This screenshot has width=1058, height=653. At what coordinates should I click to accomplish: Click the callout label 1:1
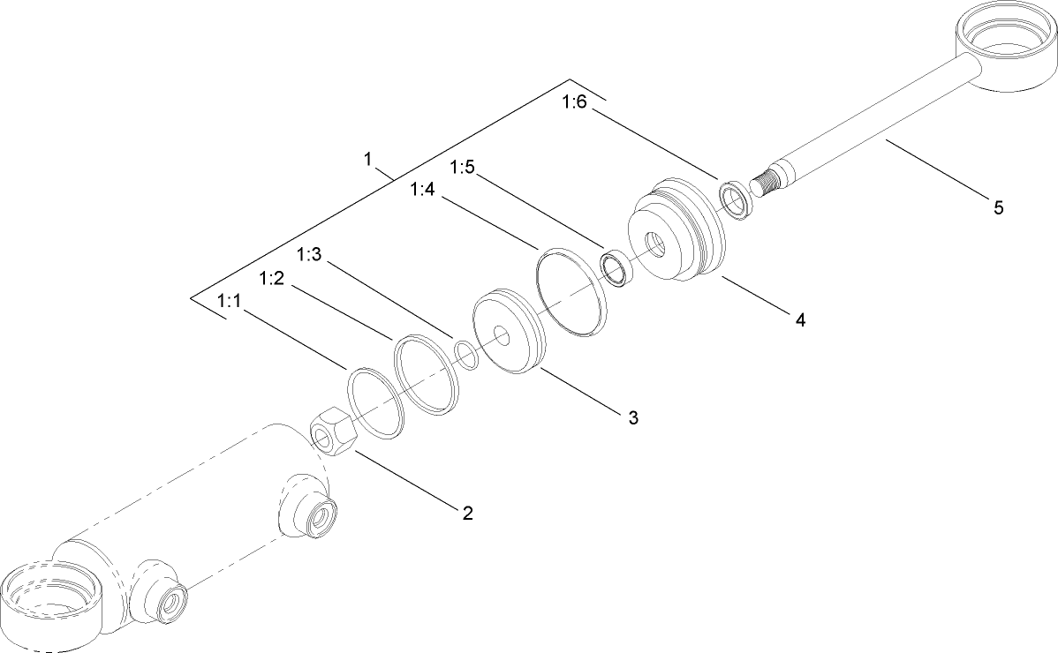(x=229, y=302)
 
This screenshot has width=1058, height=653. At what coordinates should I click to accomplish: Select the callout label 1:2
(x=271, y=278)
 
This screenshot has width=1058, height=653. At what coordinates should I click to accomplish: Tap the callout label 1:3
(x=310, y=254)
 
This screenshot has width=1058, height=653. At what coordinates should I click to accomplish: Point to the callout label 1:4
(x=422, y=190)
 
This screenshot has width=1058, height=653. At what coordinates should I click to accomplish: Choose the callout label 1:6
(x=574, y=102)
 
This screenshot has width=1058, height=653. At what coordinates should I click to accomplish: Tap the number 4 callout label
(x=800, y=320)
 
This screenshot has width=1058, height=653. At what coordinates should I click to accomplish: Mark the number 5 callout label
(x=998, y=208)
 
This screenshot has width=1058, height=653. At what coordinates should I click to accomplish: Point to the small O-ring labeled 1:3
(x=465, y=355)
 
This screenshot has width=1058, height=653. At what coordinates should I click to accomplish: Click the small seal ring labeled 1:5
(x=615, y=269)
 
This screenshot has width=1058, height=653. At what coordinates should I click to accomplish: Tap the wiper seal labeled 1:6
(x=735, y=200)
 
